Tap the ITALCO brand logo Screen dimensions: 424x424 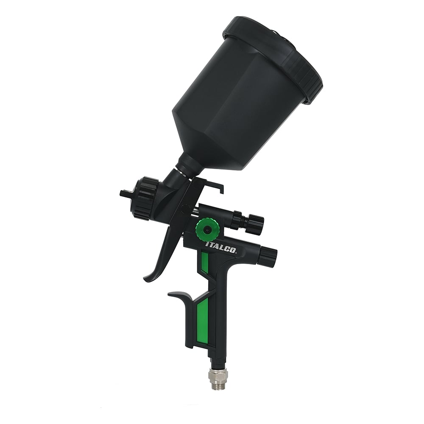click(221, 247)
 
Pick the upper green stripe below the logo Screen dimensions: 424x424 click(205, 263)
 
